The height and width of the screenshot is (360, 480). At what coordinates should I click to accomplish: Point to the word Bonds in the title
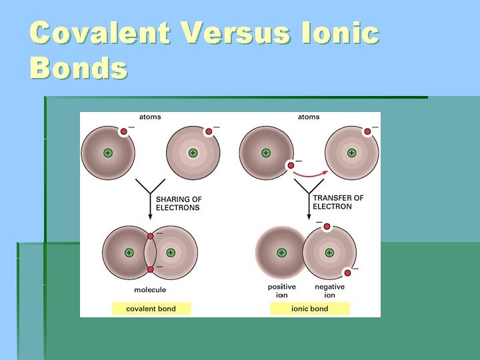tap(78, 67)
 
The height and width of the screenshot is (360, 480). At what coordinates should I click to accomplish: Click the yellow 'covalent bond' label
tap(151, 309)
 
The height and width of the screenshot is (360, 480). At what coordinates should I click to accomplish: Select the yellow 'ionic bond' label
tap(310, 309)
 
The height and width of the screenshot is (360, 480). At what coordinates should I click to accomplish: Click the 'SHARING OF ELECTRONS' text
tap(178, 203)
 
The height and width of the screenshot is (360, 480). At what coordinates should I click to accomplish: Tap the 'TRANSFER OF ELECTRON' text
tap(338, 202)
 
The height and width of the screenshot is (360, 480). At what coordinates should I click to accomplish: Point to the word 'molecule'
tap(150, 290)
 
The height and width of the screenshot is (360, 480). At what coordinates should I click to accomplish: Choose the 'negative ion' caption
tap(329, 291)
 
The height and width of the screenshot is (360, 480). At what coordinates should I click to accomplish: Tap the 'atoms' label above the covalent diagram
tap(150, 117)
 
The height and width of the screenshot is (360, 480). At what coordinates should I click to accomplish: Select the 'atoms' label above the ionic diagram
tap(309, 117)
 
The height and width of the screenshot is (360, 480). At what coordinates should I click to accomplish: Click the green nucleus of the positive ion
tap(281, 253)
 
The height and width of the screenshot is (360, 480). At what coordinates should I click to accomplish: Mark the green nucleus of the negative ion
tap(329, 253)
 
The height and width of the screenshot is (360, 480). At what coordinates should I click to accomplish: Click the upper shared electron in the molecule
tap(151, 236)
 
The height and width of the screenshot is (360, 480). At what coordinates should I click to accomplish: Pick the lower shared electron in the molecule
tap(151, 269)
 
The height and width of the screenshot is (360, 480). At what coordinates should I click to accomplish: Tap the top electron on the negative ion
tap(327, 227)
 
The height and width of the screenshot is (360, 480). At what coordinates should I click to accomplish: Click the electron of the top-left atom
tap(123, 131)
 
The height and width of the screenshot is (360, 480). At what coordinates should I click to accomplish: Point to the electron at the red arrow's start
tap(291, 165)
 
